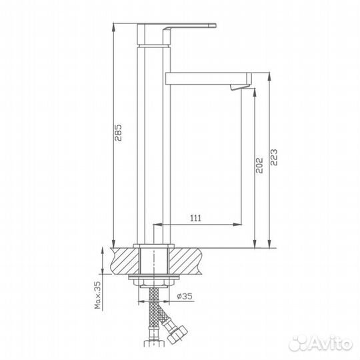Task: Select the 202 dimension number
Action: (259, 165)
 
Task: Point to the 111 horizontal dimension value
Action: (196, 218)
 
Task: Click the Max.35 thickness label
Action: (97, 295)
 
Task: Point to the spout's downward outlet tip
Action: (237, 87)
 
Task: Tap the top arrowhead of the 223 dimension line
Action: (268, 75)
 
